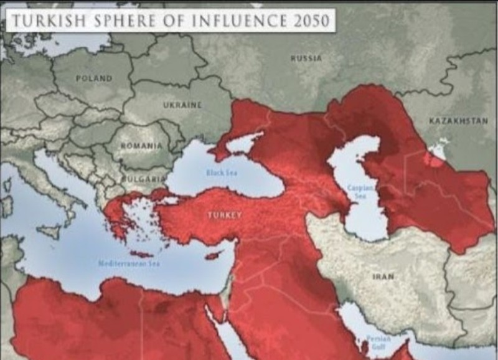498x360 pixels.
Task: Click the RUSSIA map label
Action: click(x=306, y=58)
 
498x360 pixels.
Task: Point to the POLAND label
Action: click(x=94, y=78)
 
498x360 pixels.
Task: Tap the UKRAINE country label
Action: click(x=182, y=105)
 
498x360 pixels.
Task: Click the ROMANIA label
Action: click(x=141, y=145)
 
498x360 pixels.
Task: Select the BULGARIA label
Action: click(x=143, y=178)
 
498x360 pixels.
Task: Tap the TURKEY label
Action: click(x=224, y=215)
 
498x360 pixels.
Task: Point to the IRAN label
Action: click(x=383, y=276)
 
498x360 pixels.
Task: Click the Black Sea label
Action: click(x=223, y=173)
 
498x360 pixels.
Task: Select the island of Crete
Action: click(x=141, y=254)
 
